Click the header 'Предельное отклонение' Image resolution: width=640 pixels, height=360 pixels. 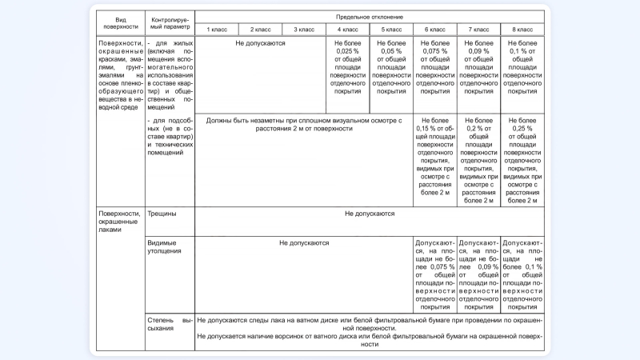[369, 17]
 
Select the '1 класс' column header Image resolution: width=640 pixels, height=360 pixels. [217, 30]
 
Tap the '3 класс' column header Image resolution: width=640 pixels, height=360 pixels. [304, 30]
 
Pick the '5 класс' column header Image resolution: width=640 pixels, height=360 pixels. [391, 30]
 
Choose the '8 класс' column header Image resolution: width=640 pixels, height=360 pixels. [522, 30]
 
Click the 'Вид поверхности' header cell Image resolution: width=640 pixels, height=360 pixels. [120, 22]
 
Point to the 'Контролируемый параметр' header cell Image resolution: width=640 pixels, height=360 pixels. [169, 22]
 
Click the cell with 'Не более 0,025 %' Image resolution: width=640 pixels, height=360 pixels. [347, 67]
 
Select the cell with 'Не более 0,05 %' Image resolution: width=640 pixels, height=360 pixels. [391, 67]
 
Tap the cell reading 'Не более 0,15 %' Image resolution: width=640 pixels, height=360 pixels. [434, 160]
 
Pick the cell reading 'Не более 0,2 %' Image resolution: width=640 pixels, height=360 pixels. [478, 160]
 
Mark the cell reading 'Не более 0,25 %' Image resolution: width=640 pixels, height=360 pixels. [522, 160]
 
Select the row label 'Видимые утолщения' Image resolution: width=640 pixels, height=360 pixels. [162, 246]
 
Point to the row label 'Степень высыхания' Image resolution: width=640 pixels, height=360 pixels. [169, 324]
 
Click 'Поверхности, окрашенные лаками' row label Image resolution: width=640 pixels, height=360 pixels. [120, 222]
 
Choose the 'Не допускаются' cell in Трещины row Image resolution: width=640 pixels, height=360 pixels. [369, 214]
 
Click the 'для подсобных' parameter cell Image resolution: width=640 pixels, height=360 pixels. [169, 136]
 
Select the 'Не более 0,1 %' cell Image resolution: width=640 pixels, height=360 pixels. [522, 67]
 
